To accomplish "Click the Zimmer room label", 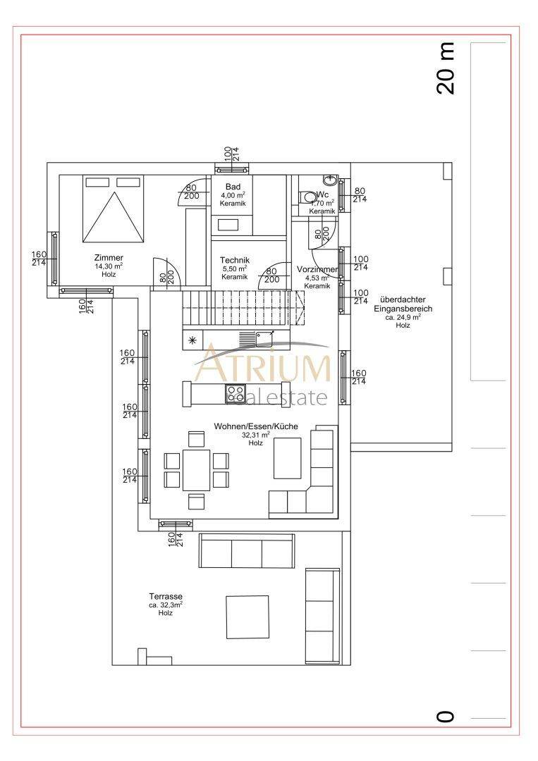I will pyautogui.click(x=109, y=258).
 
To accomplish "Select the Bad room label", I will pyautogui.click(x=233, y=187).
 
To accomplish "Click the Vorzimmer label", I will pyautogui.click(x=317, y=269).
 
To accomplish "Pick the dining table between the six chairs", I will pyautogui.click(x=196, y=470).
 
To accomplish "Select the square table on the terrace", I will pyautogui.click(x=247, y=617).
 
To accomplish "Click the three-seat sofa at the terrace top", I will pyautogui.click(x=247, y=551).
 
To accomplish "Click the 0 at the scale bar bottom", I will pyautogui.click(x=446, y=717).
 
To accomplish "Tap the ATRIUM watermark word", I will pyautogui.click(x=264, y=368).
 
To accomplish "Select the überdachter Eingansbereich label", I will pyautogui.click(x=403, y=304).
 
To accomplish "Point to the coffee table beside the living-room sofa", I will pyautogui.click(x=287, y=457).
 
